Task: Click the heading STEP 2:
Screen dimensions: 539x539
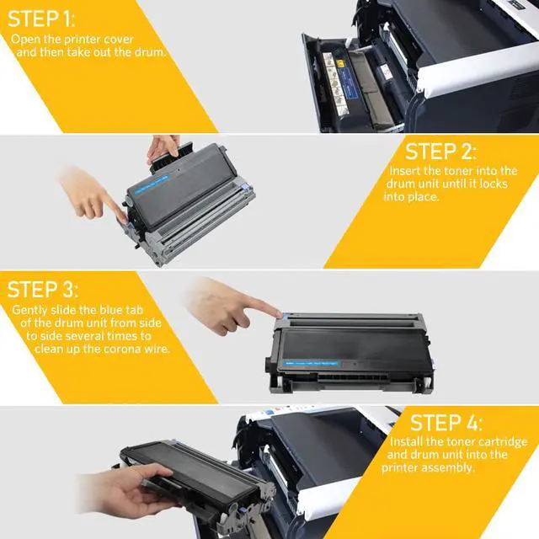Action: pyautogui.click(x=440, y=152)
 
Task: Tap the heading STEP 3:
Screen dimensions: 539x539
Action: pyautogui.click(x=43, y=290)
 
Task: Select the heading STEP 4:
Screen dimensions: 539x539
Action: pyautogui.click(x=446, y=422)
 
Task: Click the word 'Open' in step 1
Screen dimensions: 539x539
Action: pyautogui.click(x=25, y=40)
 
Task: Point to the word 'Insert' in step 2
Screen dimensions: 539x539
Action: pyautogui.click(x=406, y=171)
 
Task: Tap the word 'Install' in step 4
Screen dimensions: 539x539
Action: pyautogui.click(x=408, y=442)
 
